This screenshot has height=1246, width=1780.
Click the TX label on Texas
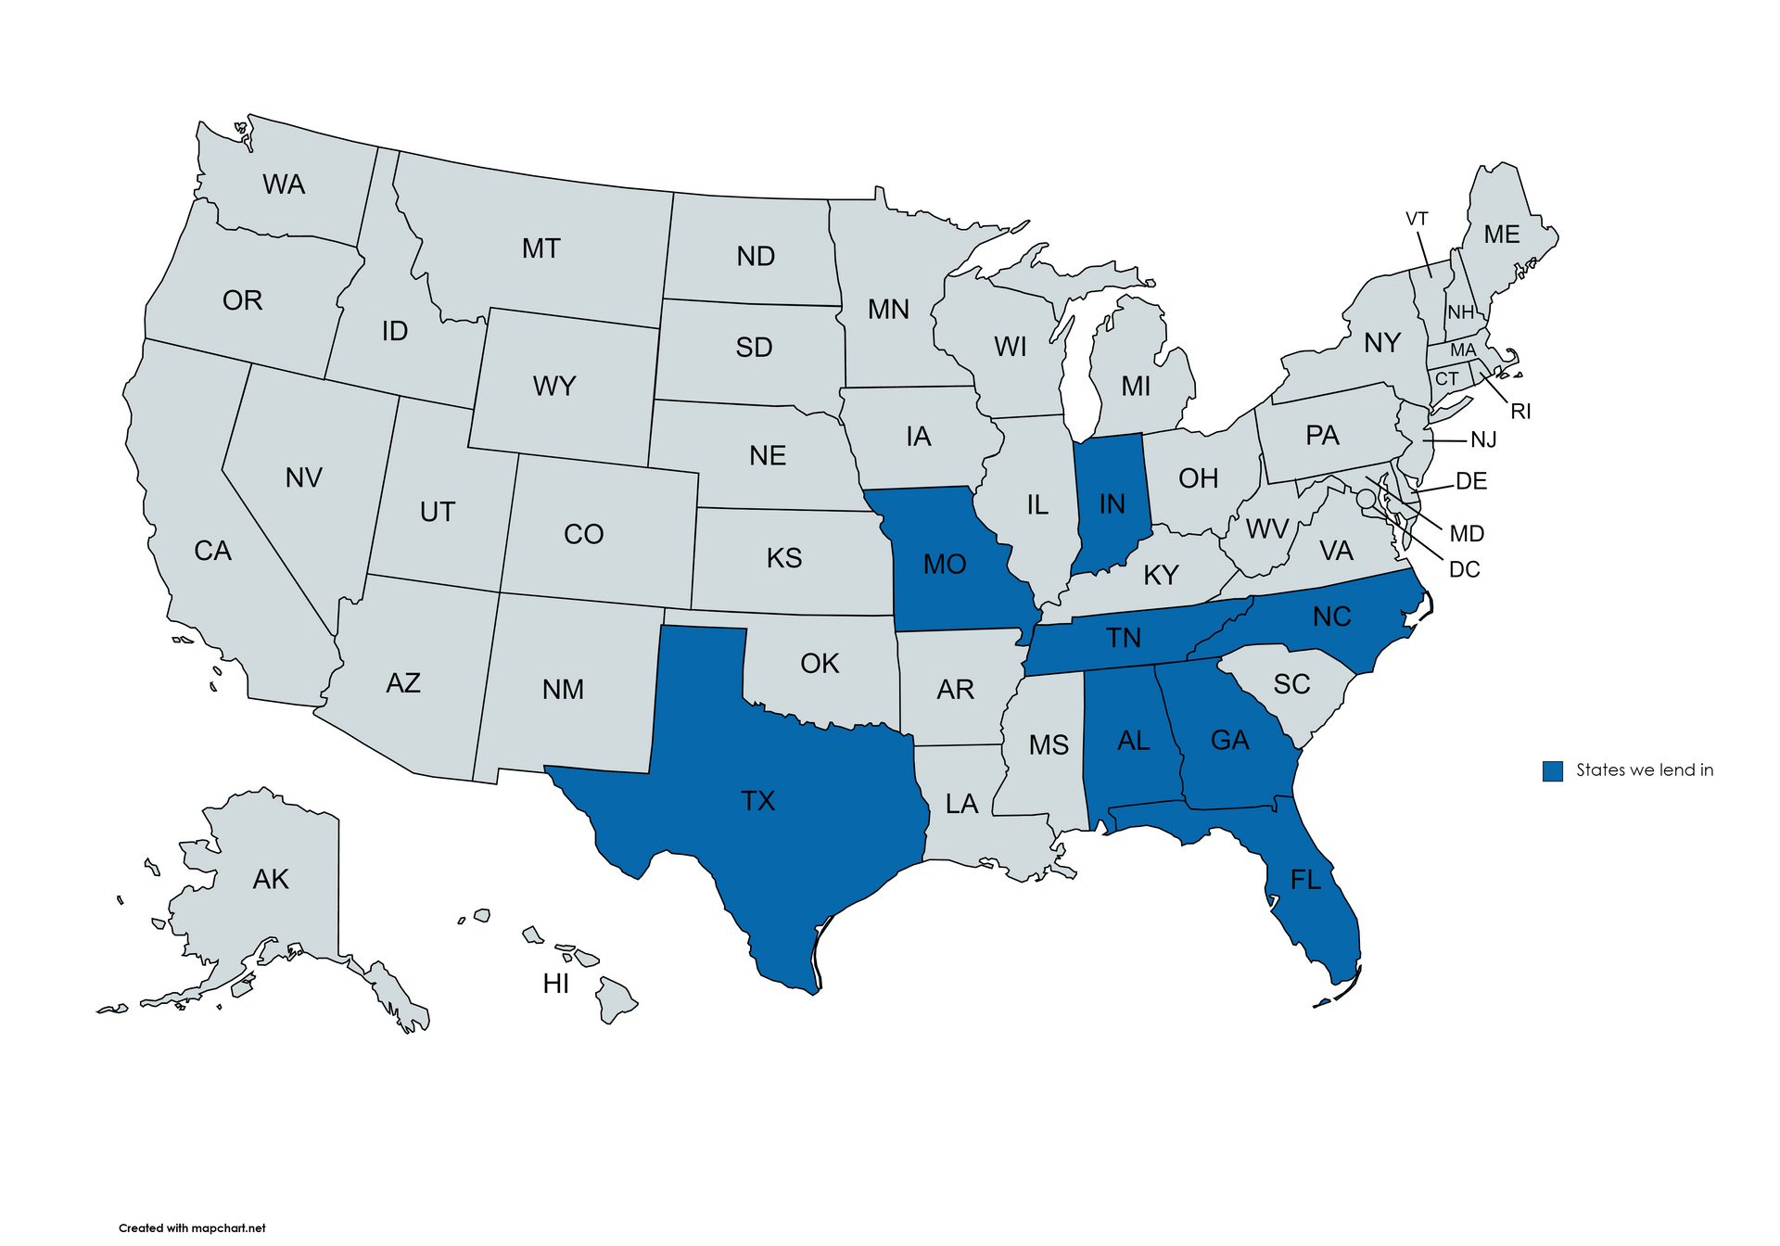click(x=757, y=801)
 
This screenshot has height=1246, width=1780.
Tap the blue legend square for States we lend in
click(x=1552, y=770)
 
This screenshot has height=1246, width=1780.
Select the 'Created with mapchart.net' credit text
click(x=192, y=1227)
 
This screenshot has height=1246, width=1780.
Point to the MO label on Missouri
click(x=945, y=564)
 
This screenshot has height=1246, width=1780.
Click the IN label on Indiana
click(x=1112, y=503)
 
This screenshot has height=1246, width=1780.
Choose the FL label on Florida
click(x=1305, y=879)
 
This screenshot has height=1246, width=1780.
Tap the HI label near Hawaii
click(x=556, y=984)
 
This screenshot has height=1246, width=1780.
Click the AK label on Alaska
click(x=271, y=879)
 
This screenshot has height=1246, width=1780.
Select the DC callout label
click(x=1464, y=569)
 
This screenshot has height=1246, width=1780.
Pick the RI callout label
click(x=1520, y=412)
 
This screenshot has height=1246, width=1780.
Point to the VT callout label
click(x=1417, y=219)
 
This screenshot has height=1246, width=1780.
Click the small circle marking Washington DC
click(x=1365, y=499)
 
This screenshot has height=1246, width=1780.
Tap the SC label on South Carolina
click(x=1291, y=684)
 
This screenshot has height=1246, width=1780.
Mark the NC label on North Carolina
click(x=1332, y=617)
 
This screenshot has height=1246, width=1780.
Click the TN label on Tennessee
click(x=1124, y=638)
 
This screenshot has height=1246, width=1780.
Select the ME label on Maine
click(x=1501, y=235)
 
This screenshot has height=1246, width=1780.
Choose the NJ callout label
click(x=1483, y=439)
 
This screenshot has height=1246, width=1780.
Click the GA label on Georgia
click(x=1230, y=740)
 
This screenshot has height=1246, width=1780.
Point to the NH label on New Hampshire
click(x=1460, y=312)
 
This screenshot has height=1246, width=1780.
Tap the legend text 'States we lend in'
click(x=1645, y=770)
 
